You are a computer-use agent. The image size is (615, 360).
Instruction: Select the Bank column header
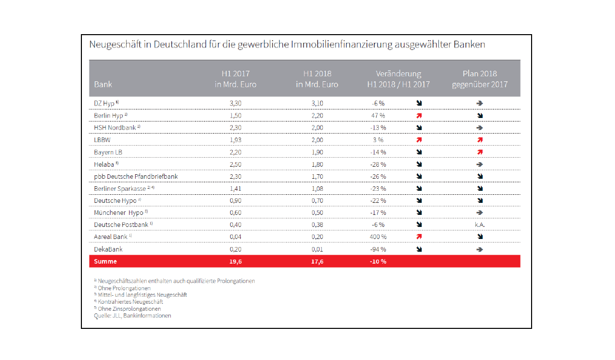click(103, 84)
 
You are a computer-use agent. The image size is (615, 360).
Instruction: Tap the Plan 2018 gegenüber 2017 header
click(480, 79)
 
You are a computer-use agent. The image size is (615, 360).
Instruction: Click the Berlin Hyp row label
click(109, 115)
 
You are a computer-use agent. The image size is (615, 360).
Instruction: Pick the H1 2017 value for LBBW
click(236, 140)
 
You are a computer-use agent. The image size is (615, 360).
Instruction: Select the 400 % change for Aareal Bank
click(378, 236)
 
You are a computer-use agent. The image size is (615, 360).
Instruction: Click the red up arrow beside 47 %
click(419, 115)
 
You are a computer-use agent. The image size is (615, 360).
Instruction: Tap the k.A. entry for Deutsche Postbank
click(480, 225)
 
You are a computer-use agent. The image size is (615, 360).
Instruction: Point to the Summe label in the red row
click(106, 261)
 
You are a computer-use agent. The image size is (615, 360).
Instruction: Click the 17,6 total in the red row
click(317, 262)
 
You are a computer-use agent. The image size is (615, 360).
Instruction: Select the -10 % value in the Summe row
click(378, 262)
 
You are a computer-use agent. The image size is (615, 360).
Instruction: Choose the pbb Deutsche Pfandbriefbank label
click(136, 176)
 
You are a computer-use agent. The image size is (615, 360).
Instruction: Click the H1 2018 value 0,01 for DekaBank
click(317, 249)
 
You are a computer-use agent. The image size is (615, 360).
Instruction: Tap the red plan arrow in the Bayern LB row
click(480, 152)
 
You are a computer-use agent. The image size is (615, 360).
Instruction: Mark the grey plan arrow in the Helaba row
click(480, 164)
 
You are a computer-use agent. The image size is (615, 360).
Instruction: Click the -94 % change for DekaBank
click(378, 249)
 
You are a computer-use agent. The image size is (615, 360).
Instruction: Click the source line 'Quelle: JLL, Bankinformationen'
click(132, 315)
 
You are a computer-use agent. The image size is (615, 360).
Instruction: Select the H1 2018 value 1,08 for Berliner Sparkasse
click(317, 188)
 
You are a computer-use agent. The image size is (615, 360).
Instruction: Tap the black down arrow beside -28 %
click(419, 164)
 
